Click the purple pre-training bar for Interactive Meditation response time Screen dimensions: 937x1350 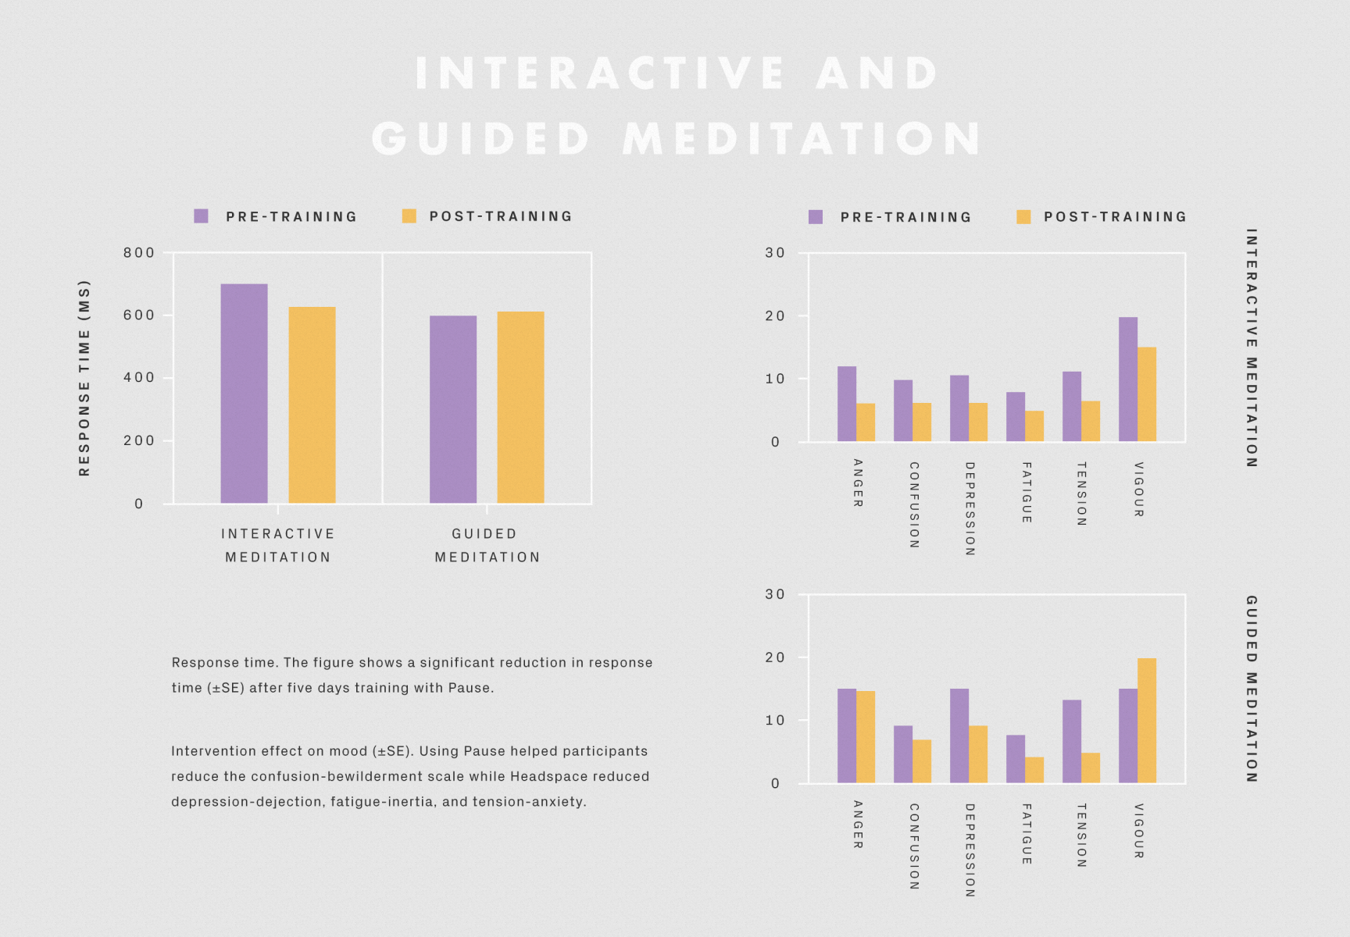pos(244,394)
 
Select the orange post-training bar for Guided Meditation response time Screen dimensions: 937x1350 pos(520,407)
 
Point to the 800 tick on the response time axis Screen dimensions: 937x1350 pos(139,253)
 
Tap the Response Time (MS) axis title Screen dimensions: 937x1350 pos(84,378)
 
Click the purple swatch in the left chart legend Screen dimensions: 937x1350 pos(202,216)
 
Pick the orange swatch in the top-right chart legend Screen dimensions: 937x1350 pos(1023,217)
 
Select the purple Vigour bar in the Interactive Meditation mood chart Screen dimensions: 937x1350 pos(1127,379)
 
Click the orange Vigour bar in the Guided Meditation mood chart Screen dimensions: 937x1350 pos(1146,720)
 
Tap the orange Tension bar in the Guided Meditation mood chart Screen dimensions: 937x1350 pos(1090,768)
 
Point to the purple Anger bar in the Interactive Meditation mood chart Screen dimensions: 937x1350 pos(847,404)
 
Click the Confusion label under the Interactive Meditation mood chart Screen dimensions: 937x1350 pos(914,504)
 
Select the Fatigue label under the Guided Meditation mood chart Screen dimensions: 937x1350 pos(1027,833)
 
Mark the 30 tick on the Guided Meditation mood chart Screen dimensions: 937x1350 pos(775,594)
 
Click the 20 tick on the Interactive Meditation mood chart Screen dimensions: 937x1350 pos(775,316)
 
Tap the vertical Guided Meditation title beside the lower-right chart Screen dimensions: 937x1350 pos(1251,689)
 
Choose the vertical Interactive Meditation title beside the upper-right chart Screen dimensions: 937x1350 pos(1251,348)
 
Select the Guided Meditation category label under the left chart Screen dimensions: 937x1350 pos(487,545)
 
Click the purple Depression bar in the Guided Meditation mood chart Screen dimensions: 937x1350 pos(959,736)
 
